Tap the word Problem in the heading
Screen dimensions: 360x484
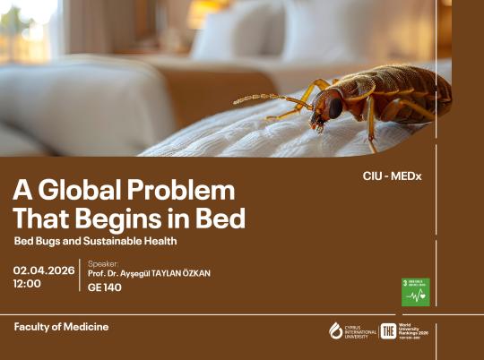tap(185, 190)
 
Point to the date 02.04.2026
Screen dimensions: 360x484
tap(44, 270)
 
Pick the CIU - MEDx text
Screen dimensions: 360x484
tap(392, 176)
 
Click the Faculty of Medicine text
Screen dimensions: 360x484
tap(61, 327)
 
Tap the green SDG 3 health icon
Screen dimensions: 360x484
tap(415, 292)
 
